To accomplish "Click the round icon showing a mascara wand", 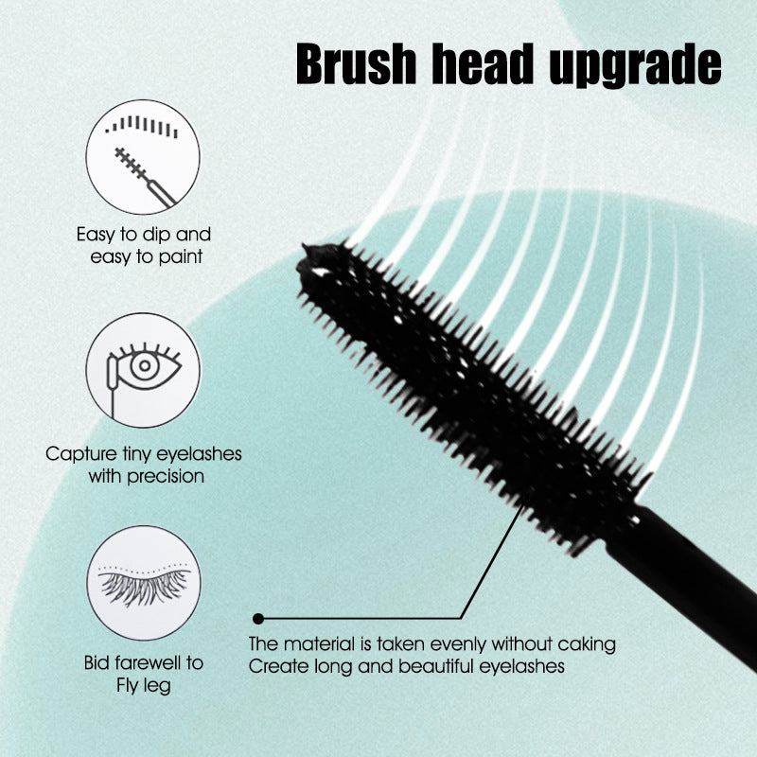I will tap(143, 157).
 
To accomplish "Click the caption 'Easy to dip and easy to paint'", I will tap(144, 244).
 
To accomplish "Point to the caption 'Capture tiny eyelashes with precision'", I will tap(144, 465).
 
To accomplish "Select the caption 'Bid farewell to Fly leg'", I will tap(144, 674).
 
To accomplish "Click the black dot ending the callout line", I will tap(258, 619).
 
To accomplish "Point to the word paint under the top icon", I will tap(181, 255).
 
